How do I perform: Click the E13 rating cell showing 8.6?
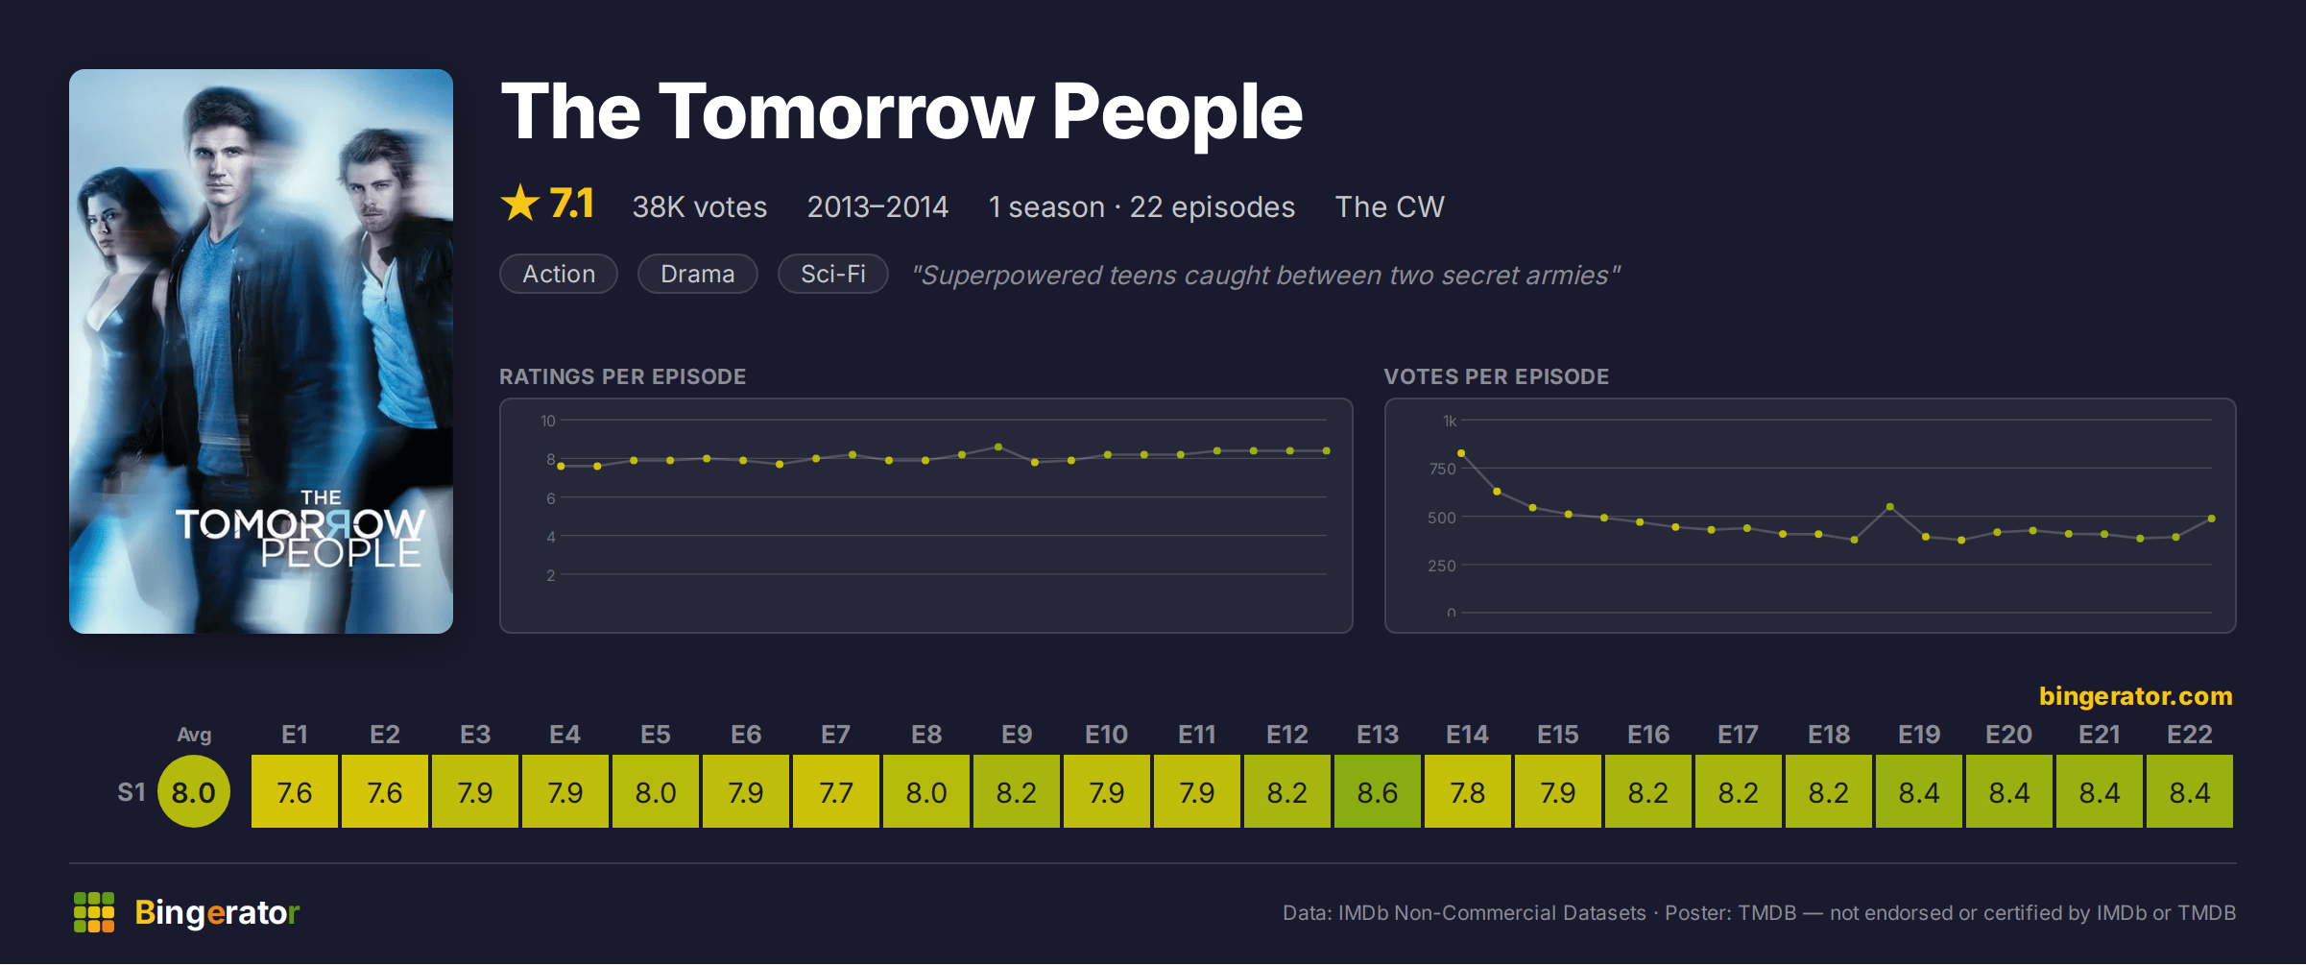(x=1378, y=792)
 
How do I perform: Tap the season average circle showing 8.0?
(x=194, y=792)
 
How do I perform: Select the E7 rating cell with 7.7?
(x=836, y=792)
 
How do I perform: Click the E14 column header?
(x=1467, y=735)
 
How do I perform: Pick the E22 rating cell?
(x=2190, y=792)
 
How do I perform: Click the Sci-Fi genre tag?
(x=833, y=274)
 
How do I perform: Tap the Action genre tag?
(x=559, y=274)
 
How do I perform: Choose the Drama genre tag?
(x=698, y=274)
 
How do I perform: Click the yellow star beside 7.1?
(x=520, y=203)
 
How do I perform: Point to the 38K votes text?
(x=700, y=206)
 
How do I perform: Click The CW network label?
(x=1389, y=206)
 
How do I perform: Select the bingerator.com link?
(x=2136, y=696)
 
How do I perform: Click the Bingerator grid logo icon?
(x=94, y=912)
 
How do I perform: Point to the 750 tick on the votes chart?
(x=1442, y=469)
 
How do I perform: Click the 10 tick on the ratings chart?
(x=548, y=421)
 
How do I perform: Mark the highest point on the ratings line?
(x=998, y=447)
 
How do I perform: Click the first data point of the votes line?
(x=1461, y=453)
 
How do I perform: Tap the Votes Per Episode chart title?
(x=1496, y=376)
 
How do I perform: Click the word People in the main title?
(x=1177, y=112)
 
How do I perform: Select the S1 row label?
(x=132, y=792)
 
